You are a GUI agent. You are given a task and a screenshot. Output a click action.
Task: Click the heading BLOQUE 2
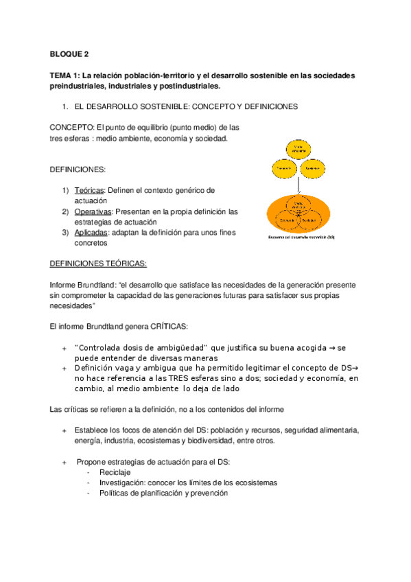point(69,53)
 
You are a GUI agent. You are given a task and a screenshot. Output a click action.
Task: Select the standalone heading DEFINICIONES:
point(77,169)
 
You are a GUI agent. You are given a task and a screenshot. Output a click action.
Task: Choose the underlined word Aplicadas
point(91,233)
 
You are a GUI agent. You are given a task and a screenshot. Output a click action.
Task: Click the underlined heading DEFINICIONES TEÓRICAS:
point(98,264)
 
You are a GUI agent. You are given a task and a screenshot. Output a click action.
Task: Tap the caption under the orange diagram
point(299,237)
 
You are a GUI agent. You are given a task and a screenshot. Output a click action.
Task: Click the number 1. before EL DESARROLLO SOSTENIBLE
point(65,107)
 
